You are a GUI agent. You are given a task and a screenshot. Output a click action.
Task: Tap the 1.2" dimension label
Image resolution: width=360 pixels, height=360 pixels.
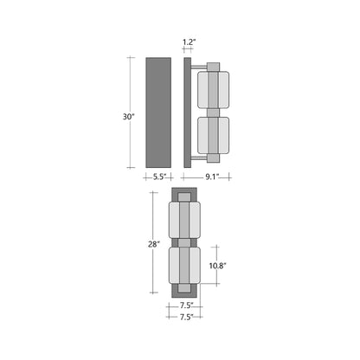point(189,41)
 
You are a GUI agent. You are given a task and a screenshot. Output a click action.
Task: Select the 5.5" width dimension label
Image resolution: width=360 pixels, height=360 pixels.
point(158,177)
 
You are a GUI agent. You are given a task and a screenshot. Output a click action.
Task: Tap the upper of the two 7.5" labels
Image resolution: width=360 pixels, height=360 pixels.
point(185,305)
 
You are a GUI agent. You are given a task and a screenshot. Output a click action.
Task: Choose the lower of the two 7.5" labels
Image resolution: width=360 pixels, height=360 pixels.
point(185,318)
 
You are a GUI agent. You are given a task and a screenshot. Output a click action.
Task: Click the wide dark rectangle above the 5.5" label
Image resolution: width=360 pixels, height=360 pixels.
point(158,112)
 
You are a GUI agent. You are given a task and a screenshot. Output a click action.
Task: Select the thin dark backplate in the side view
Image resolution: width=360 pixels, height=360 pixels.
point(187,112)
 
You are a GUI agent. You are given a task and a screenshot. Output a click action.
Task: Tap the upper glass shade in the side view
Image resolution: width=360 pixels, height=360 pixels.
point(213,88)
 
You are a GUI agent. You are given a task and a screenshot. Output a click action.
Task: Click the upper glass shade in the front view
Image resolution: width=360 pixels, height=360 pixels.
point(184,221)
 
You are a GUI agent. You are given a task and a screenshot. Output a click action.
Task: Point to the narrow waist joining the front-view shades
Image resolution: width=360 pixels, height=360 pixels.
point(184,244)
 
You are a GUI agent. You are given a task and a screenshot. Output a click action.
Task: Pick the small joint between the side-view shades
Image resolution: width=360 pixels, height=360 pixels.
point(213,112)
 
